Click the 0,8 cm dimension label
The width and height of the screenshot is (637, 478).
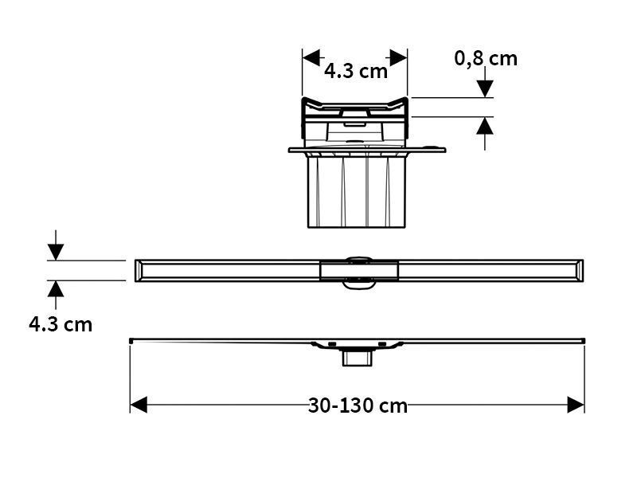coord(486,59)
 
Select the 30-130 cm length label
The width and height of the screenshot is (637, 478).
coord(358,406)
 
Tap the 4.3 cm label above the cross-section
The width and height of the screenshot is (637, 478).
coord(355,72)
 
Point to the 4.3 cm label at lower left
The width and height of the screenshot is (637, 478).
coord(61,325)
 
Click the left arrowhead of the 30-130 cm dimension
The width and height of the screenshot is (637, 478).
coord(139,405)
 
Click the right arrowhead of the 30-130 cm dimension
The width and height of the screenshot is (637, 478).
coord(576,405)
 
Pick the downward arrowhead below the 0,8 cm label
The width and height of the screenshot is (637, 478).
coord(485,89)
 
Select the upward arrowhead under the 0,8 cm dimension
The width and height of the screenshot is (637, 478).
coord(485,126)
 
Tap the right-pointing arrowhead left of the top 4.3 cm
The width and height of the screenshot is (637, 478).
coord(311,57)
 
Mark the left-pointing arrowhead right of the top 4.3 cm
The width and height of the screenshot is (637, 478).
coord(399,57)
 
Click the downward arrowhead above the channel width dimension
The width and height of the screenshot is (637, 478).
coord(56,252)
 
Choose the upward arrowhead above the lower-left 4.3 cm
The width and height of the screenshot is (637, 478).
coord(56,289)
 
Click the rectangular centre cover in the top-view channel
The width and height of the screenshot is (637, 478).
coord(359,271)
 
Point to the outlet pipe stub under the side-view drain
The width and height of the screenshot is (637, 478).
coord(358,358)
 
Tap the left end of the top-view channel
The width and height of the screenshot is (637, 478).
coord(135,270)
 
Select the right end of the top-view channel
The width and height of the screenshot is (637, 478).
coord(583,270)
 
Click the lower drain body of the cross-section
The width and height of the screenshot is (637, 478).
coord(357,192)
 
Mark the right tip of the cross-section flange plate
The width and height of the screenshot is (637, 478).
coord(445,150)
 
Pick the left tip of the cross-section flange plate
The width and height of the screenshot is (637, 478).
coord(289,150)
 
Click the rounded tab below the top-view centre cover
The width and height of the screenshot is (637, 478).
coord(358,284)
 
